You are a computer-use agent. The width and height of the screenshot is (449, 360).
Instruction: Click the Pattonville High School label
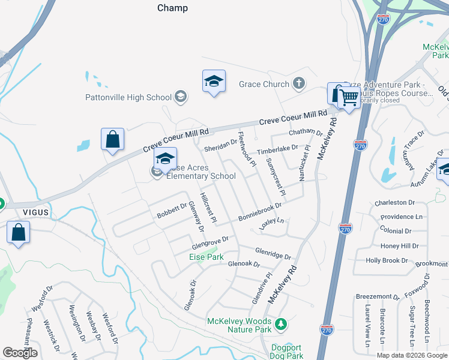(128, 97)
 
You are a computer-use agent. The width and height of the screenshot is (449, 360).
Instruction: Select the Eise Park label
(206, 257)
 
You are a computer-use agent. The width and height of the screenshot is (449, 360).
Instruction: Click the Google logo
(20, 353)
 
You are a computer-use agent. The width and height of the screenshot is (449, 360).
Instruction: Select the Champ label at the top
(172, 8)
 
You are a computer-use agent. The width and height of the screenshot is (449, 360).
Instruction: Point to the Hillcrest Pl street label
(208, 205)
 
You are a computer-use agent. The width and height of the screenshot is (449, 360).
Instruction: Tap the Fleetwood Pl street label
(247, 149)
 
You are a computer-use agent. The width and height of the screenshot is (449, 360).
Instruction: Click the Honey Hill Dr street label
(399, 246)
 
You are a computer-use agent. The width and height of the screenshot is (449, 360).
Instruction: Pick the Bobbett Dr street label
(172, 212)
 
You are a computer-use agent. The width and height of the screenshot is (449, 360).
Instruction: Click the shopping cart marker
(348, 98)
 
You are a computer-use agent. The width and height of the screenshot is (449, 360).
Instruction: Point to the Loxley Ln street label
(271, 224)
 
